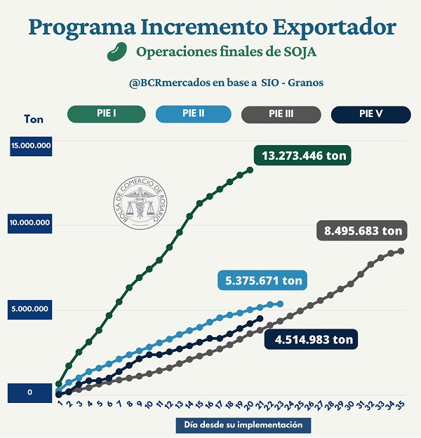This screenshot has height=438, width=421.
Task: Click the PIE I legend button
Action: [x=106, y=114]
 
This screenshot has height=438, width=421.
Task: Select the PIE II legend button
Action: [x=193, y=114]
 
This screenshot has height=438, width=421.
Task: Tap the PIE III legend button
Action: [x=281, y=114]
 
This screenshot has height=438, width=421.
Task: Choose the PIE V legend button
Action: [x=370, y=114]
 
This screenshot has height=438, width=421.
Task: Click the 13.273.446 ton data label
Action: [x=303, y=156]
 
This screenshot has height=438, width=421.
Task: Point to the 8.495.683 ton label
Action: [x=363, y=230]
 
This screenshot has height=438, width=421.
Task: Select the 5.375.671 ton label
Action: [x=264, y=281]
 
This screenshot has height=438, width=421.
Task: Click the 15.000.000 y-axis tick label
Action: [x=30, y=146]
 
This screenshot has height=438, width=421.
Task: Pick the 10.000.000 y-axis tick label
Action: [x=30, y=223]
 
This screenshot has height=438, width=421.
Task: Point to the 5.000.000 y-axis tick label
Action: [x=30, y=309]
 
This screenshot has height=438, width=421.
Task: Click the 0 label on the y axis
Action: [x=30, y=392]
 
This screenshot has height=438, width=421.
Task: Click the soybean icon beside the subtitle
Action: [x=116, y=53]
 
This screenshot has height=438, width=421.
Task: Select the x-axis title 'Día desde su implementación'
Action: [x=243, y=425]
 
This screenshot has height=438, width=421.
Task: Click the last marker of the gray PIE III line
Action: [x=401, y=251]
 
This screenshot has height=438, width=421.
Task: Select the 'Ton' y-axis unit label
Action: [x=33, y=119]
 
